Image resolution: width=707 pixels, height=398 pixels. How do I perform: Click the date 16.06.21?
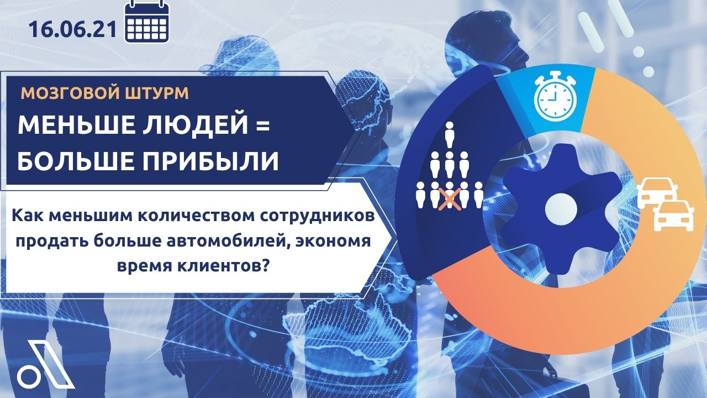[72, 30]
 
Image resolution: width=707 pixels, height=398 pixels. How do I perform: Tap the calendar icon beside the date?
[147, 22]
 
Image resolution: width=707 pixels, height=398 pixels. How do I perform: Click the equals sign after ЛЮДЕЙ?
[262, 125]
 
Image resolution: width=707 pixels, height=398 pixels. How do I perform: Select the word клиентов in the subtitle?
[218, 266]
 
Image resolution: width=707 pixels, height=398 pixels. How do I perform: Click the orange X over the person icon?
[450, 199]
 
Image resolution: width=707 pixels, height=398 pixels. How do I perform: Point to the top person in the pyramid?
[450, 135]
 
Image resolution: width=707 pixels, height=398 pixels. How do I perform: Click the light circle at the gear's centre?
[561, 209]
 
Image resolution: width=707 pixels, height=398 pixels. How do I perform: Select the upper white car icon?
[657, 192]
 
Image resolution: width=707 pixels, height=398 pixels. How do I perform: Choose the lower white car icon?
[673, 215]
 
